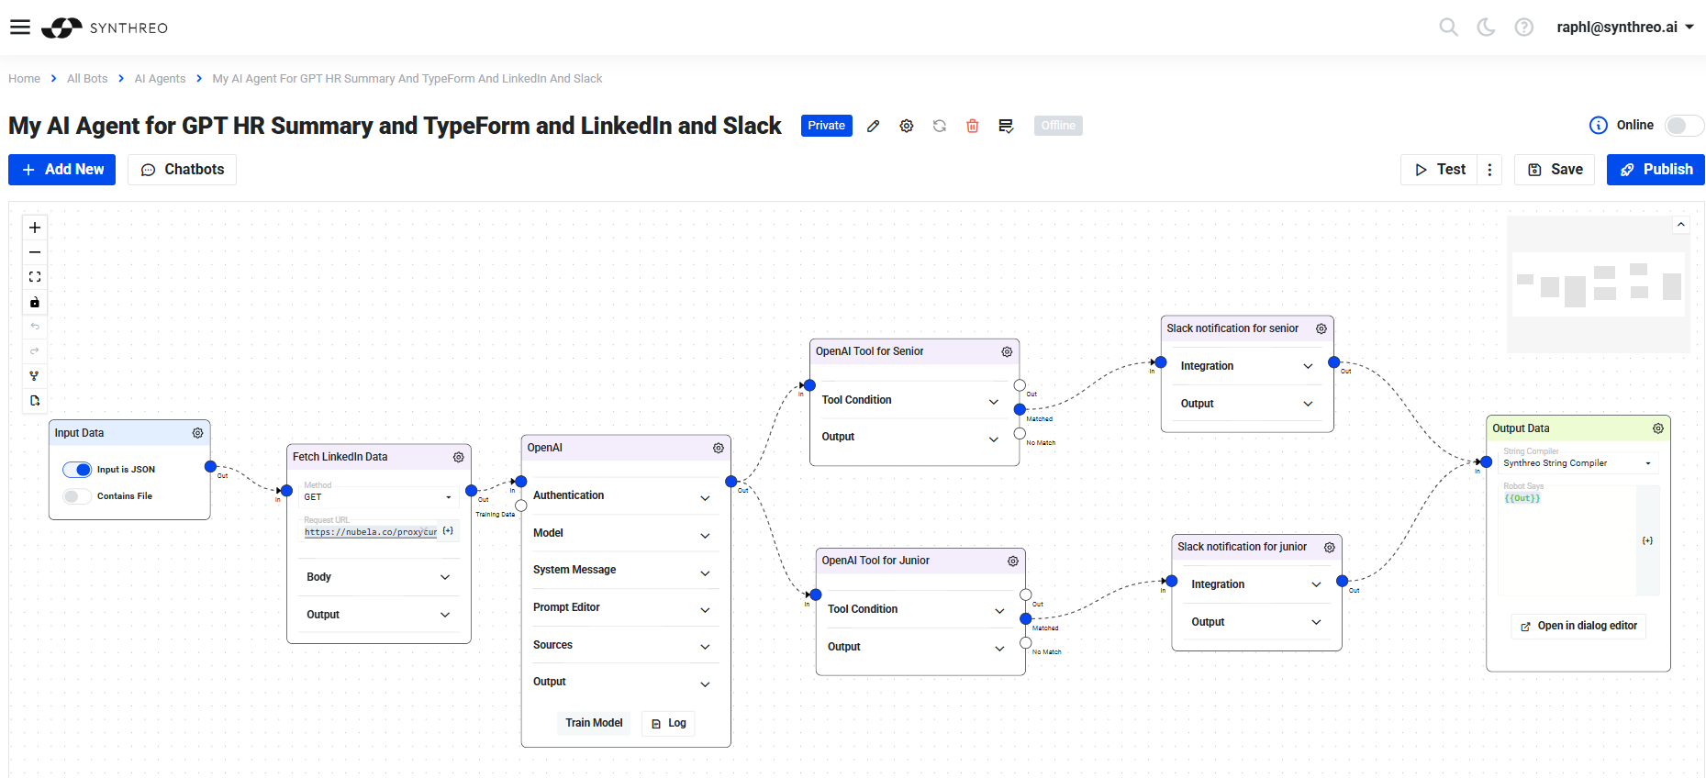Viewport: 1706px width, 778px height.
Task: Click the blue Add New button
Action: [x=62, y=170]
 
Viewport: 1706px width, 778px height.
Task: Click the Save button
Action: [x=1555, y=170]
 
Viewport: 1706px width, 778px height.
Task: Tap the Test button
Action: [x=1440, y=170]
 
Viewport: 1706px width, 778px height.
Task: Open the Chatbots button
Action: [x=183, y=170]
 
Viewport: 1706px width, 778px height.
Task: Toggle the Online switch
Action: [x=1683, y=126]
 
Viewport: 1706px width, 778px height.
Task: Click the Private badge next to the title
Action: [x=826, y=126]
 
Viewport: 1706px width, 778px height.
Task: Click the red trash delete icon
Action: [x=973, y=126]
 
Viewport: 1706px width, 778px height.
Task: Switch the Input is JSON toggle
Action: [x=78, y=470]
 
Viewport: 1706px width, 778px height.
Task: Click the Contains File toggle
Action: [x=78, y=496]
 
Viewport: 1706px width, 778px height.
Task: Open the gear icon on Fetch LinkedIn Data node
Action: [x=458, y=457]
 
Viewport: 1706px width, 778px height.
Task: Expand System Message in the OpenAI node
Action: [x=621, y=571]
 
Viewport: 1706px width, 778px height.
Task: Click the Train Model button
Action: [x=594, y=723]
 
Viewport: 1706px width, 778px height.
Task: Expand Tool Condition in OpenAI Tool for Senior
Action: [x=909, y=401]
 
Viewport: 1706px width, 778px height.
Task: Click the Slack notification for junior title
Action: [x=1242, y=547]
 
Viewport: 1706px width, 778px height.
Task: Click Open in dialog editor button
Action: [x=1578, y=626]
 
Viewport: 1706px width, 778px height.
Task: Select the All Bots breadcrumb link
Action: [x=87, y=79]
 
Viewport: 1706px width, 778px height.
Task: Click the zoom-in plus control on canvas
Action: [x=35, y=228]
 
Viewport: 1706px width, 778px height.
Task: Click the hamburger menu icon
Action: [x=20, y=28]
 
